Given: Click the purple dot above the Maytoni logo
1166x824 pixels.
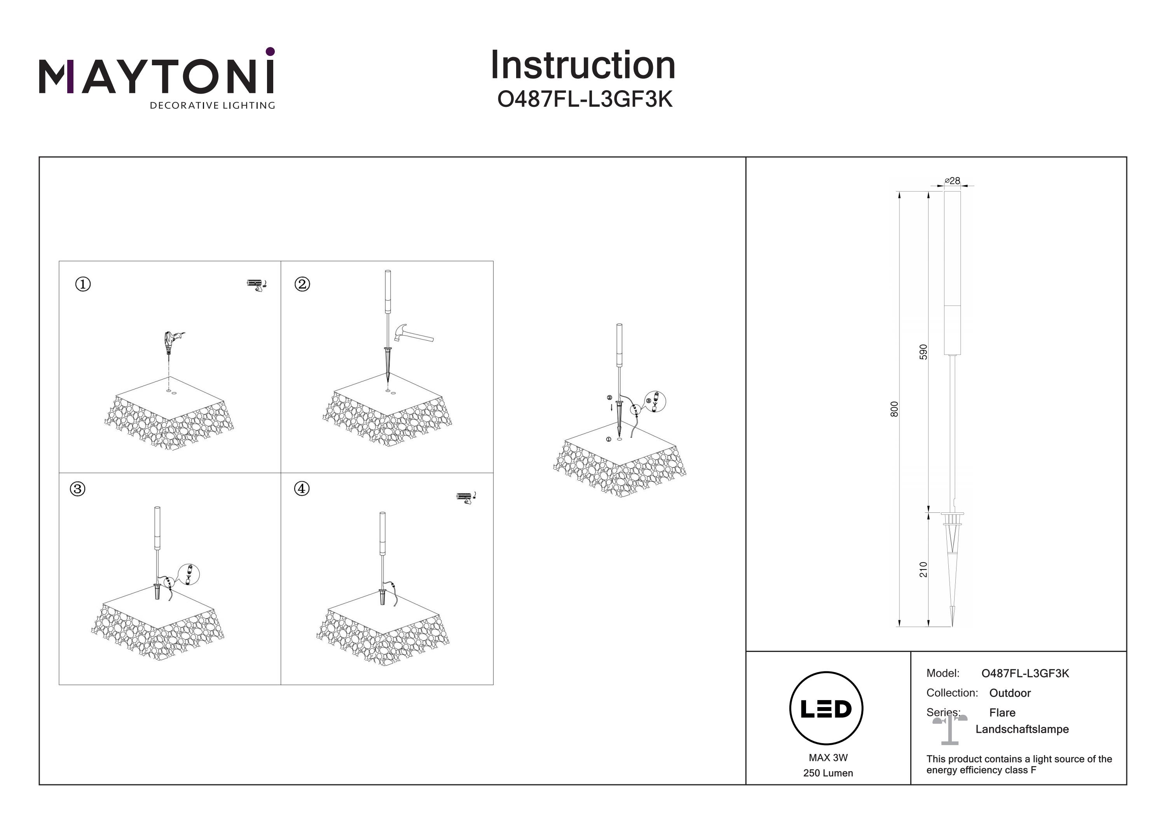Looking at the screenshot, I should tap(270, 51).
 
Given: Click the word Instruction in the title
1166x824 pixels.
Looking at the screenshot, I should tap(583, 66).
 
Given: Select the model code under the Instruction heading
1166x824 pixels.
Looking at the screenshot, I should tap(585, 99).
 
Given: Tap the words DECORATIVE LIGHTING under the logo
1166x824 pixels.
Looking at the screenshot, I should tap(212, 106).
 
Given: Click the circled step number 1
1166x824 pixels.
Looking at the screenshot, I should tap(83, 284).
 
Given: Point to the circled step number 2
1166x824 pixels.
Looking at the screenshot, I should tap(302, 284).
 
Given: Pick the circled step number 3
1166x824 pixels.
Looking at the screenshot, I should tap(77, 489).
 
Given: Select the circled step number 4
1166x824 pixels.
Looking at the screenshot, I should tap(302, 488).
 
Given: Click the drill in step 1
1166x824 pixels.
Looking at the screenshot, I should tap(171, 342).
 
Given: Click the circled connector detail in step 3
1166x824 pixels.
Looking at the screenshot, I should tap(189, 574).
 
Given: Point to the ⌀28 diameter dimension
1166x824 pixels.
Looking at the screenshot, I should tap(952, 181).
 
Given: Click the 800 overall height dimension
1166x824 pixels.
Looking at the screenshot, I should tap(894, 409).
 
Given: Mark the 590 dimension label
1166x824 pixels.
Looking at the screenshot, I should tap(923, 352).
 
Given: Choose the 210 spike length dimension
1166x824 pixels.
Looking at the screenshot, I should tap(923, 569).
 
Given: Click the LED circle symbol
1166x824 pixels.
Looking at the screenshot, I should tap(826, 708).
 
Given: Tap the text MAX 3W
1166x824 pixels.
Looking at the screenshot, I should tap(828, 758).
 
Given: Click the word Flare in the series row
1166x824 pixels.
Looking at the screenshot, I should tap(1002, 712).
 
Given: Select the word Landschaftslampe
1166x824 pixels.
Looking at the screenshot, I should tap(1022, 729).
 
